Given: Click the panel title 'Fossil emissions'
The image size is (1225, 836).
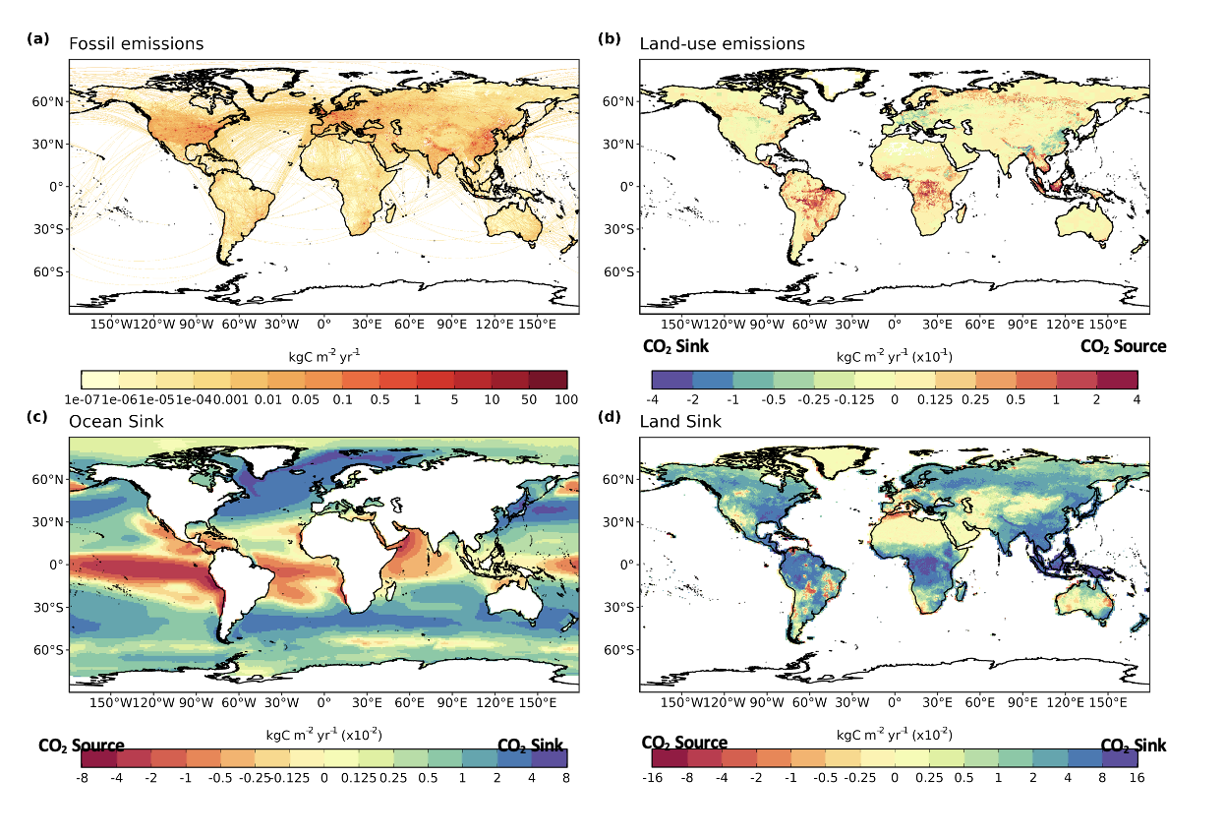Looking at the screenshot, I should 136,43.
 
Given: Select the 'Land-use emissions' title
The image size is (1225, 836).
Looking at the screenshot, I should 722,43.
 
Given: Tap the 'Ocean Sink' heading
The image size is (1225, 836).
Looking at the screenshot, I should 116,421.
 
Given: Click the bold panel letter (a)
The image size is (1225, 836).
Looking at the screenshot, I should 38,39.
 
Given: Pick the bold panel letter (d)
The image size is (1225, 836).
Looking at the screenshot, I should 611,417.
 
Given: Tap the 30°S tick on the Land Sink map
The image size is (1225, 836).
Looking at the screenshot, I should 621,607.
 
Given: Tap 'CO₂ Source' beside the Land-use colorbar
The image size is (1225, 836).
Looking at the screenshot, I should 1123,346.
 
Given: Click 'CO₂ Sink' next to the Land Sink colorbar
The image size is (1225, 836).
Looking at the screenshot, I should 1133,746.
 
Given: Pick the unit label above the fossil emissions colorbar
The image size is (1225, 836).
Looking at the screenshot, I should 324,356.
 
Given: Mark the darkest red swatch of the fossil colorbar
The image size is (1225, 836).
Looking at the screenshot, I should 549,380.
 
